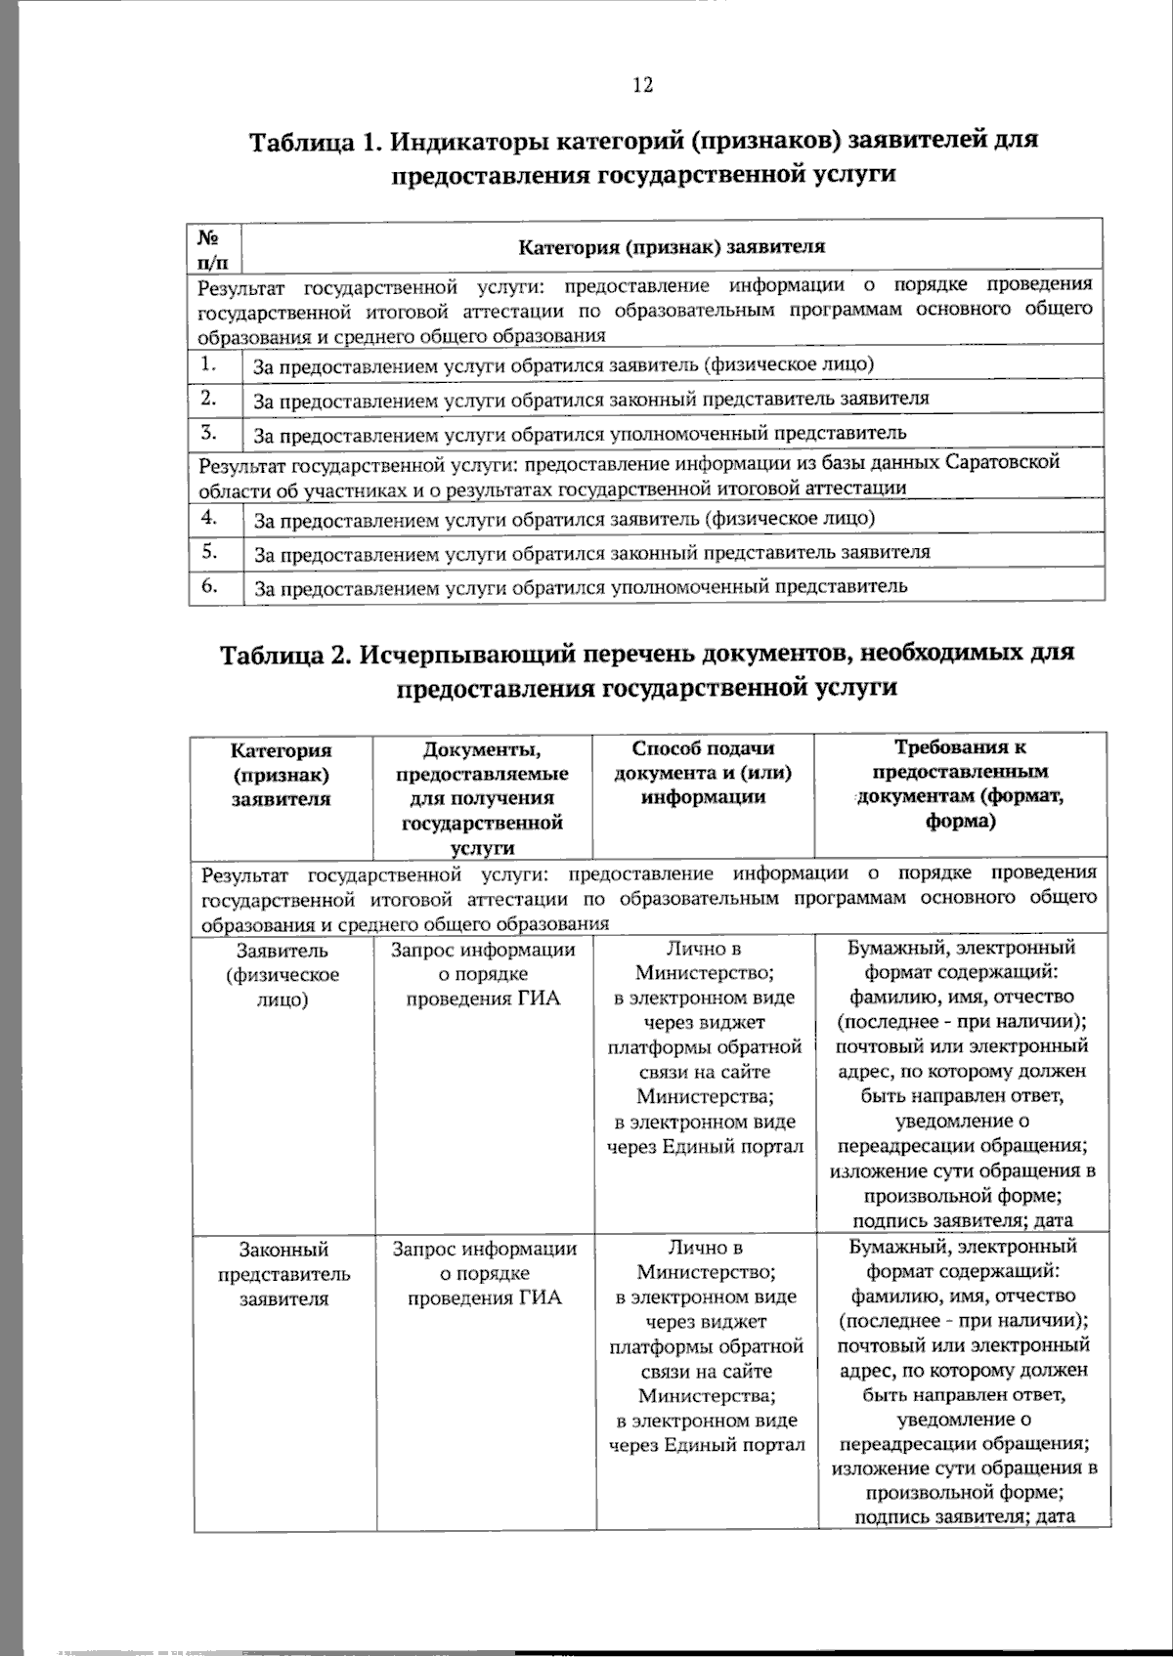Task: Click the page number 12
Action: point(642,85)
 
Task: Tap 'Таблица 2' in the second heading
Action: point(282,653)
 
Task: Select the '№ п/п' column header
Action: point(215,248)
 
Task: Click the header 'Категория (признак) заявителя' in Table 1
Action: point(671,246)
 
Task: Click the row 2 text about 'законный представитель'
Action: point(590,399)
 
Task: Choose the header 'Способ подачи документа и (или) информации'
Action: point(703,773)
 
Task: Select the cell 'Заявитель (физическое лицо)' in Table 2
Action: point(282,975)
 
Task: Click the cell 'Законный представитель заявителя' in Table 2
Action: point(283,1274)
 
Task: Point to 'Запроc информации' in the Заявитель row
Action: point(483,950)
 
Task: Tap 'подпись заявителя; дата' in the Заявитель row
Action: point(962,1220)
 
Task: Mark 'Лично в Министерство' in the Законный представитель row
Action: point(705,1260)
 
